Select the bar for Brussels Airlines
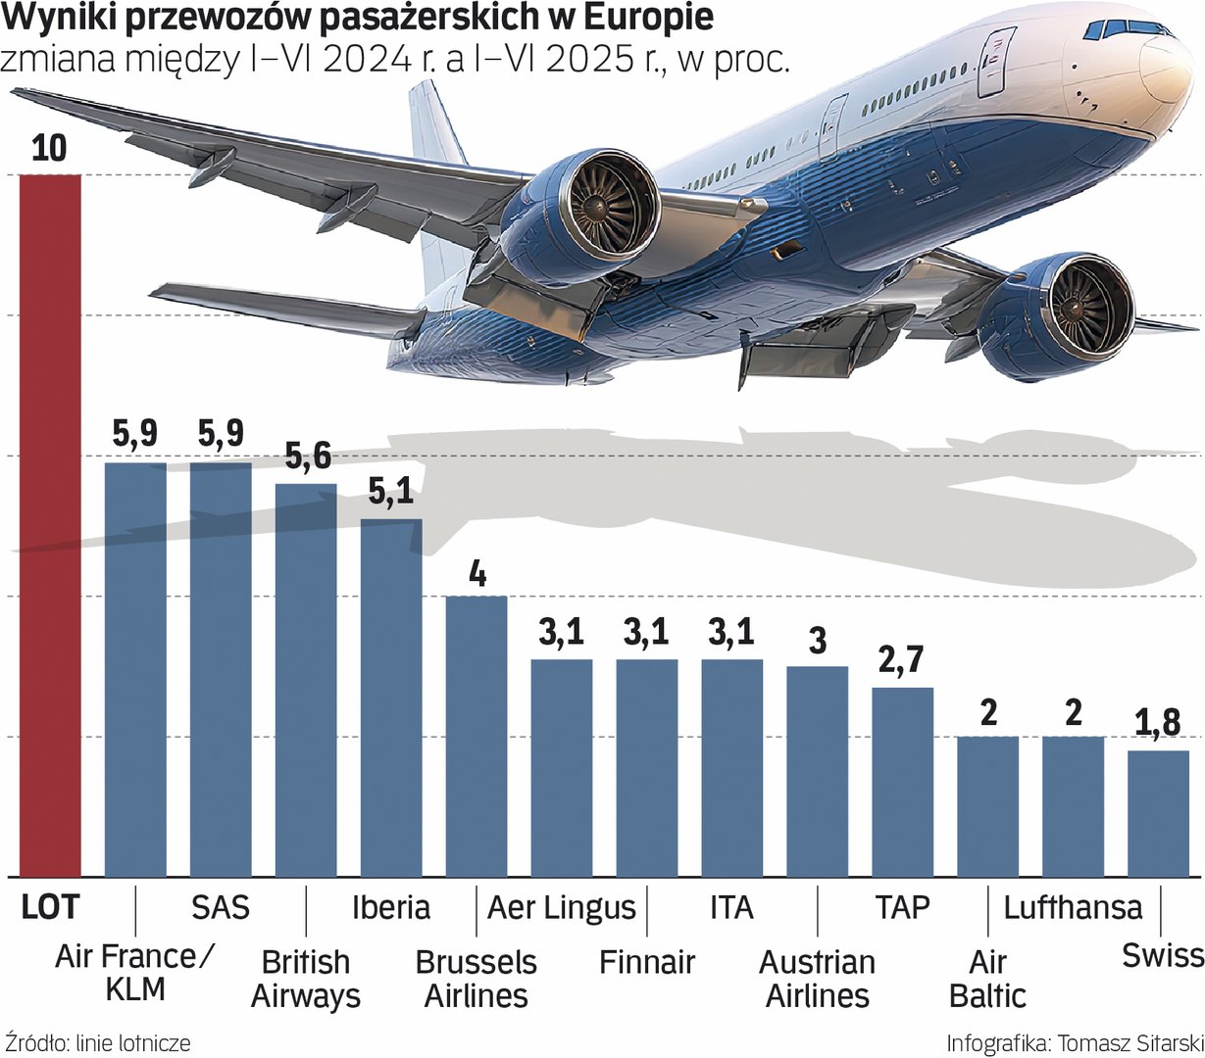click(477, 735)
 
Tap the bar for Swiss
click(1158, 813)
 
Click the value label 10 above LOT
click(49, 148)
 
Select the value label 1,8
click(1157, 723)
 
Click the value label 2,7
click(901, 660)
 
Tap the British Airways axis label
click(306, 979)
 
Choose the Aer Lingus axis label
click(562, 907)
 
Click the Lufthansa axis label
click(1073, 907)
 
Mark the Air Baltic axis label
click(987, 979)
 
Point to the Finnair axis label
click(647, 962)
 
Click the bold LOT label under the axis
click(49, 907)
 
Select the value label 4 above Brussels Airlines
click(477, 573)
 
